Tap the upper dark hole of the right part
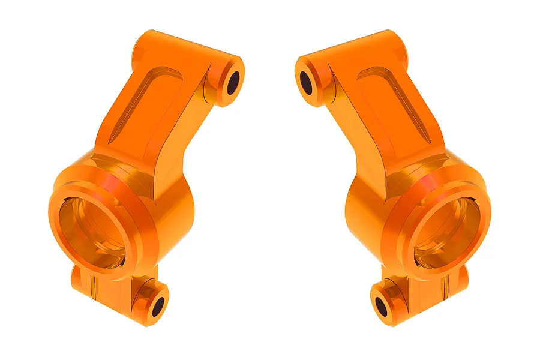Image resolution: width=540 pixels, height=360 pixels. coord(306,83)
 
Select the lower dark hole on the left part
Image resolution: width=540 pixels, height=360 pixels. coord(158,307)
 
